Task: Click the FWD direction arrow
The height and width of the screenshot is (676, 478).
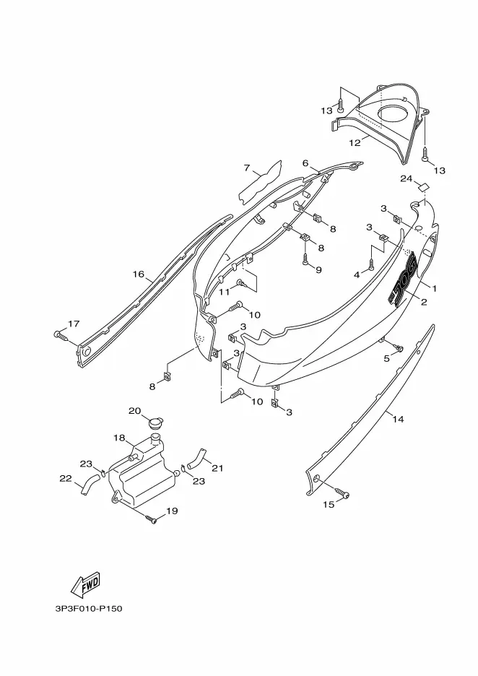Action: pyautogui.click(x=85, y=584)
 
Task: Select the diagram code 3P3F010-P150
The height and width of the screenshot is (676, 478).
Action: pyautogui.click(x=88, y=609)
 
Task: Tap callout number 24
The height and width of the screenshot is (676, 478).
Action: pyautogui.click(x=407, y=178)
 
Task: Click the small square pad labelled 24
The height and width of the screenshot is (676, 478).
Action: pyautogui.click(x=424, y=186)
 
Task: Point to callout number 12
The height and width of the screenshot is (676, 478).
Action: pyautogui.click(x=355, y=143)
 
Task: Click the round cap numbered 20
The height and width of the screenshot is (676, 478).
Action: pyautogui.click(x=154, y=423)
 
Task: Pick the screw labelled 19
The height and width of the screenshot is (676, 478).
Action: pyautogui.click(x=151, y=519)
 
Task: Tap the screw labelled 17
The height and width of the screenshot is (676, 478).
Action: pyautogui.click(x=61, y=335)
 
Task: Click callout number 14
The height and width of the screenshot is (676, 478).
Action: pyautogui.click(x=399, y=419)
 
